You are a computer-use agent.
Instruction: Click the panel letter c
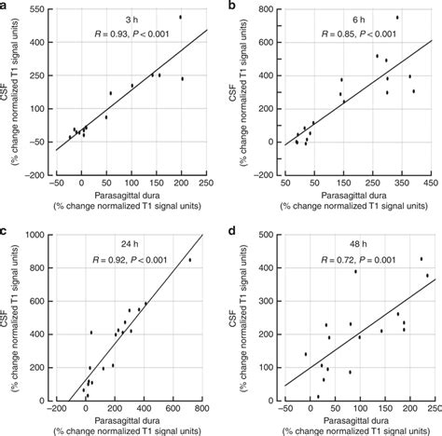point(4,229)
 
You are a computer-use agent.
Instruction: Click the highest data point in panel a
point(181,17)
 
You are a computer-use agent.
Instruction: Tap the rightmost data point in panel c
point(190,260)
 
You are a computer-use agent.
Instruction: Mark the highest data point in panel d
point(421,259)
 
